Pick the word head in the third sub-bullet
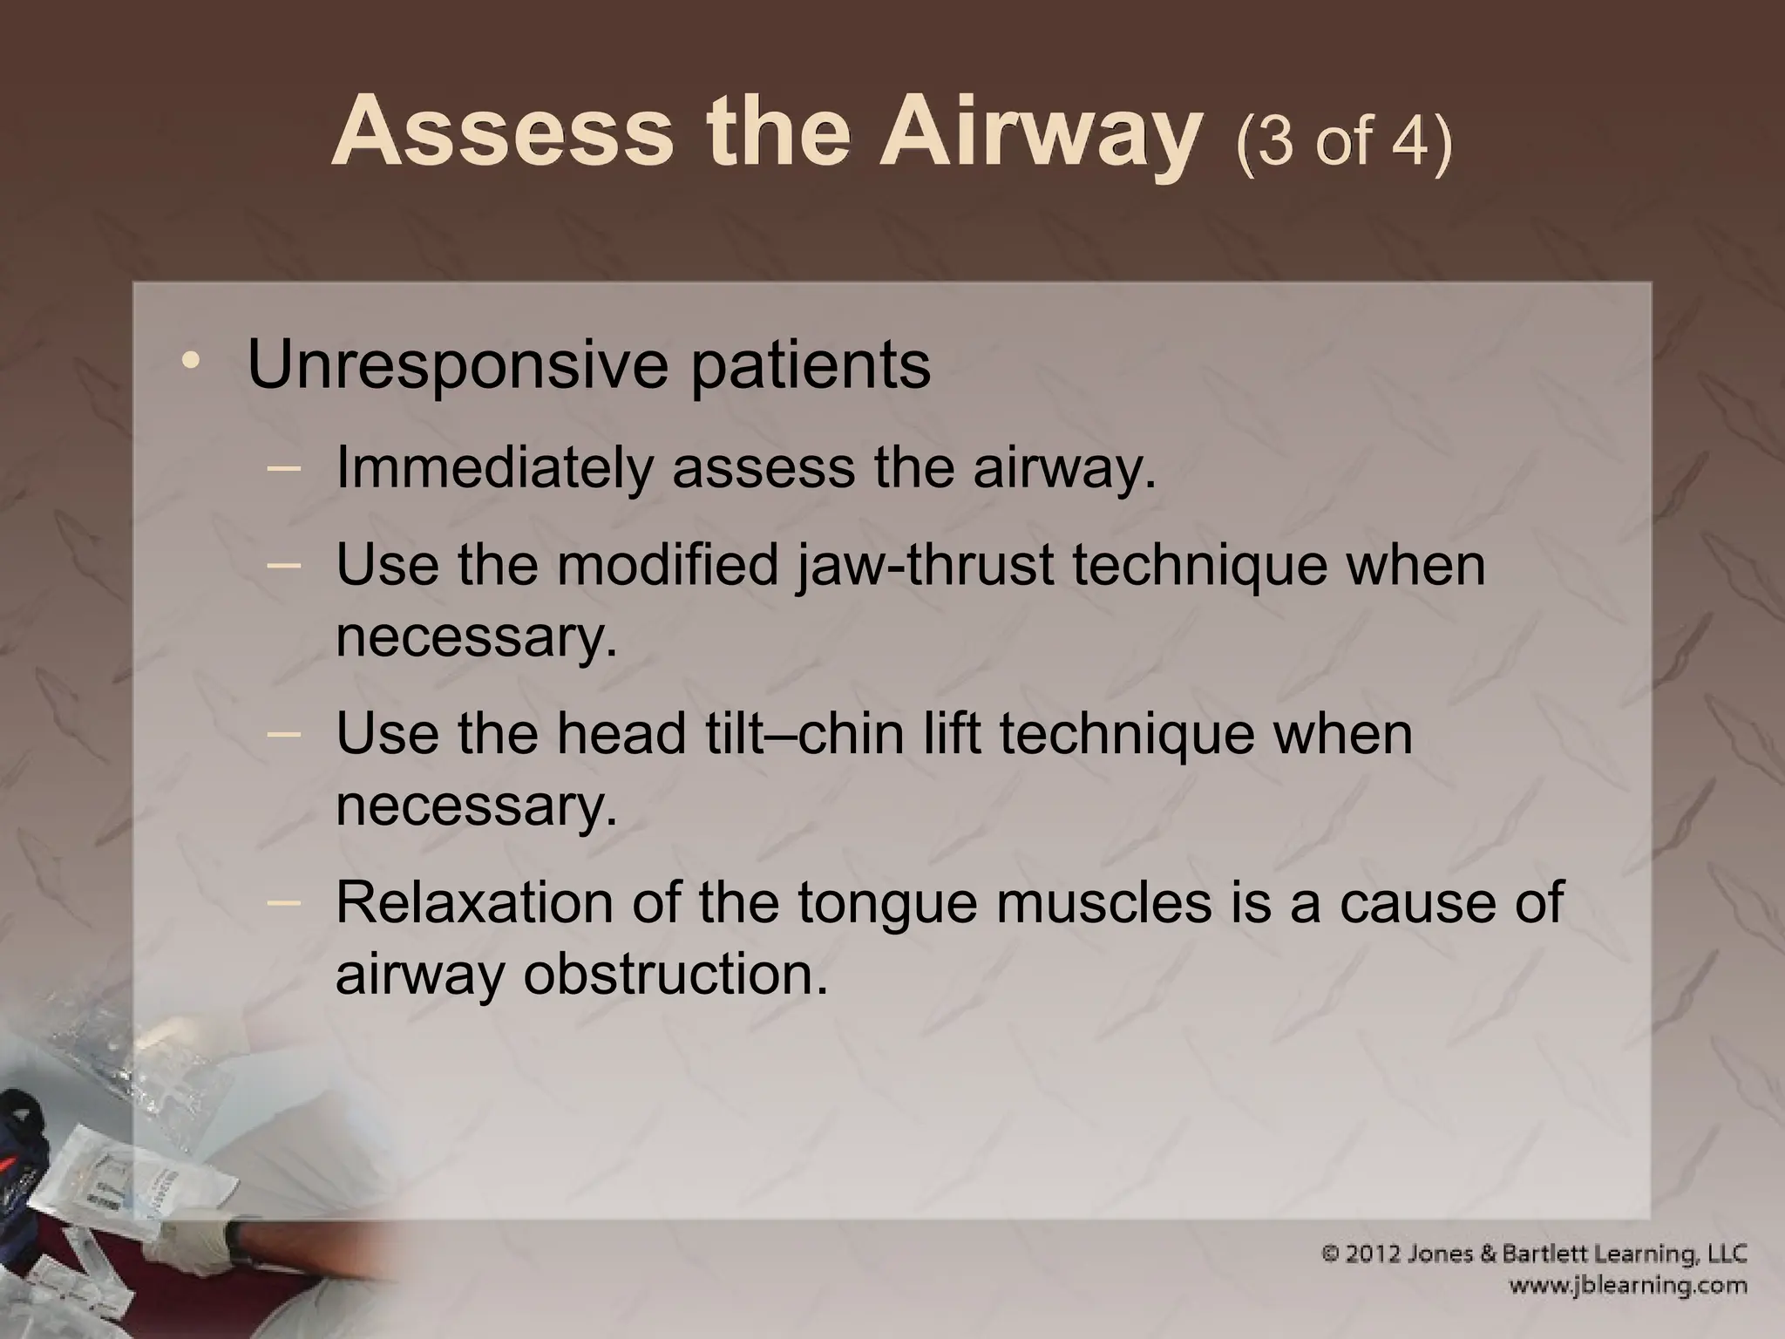(621, 733)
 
